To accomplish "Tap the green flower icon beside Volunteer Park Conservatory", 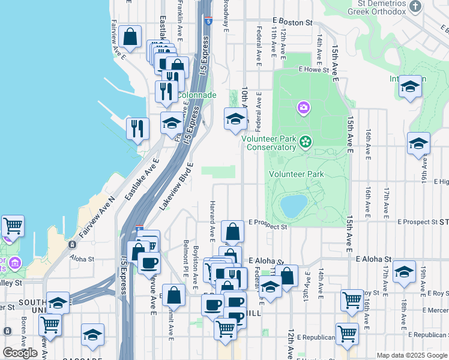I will (x=306, y=142).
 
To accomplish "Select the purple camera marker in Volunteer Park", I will (x=304, y=108).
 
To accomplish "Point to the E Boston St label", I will (x=292, y=22).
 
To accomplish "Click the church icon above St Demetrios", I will (x=415, y=6).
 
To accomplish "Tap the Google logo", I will (x=20, y=353).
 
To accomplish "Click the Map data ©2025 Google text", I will (x=412, y=355).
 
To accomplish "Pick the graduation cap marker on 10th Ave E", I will (x=235, y=119).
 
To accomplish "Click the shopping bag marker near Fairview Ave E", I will (x=130, y=37).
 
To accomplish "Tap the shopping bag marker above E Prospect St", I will (x=232, y=231).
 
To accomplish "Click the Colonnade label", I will (x=196, y=95).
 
